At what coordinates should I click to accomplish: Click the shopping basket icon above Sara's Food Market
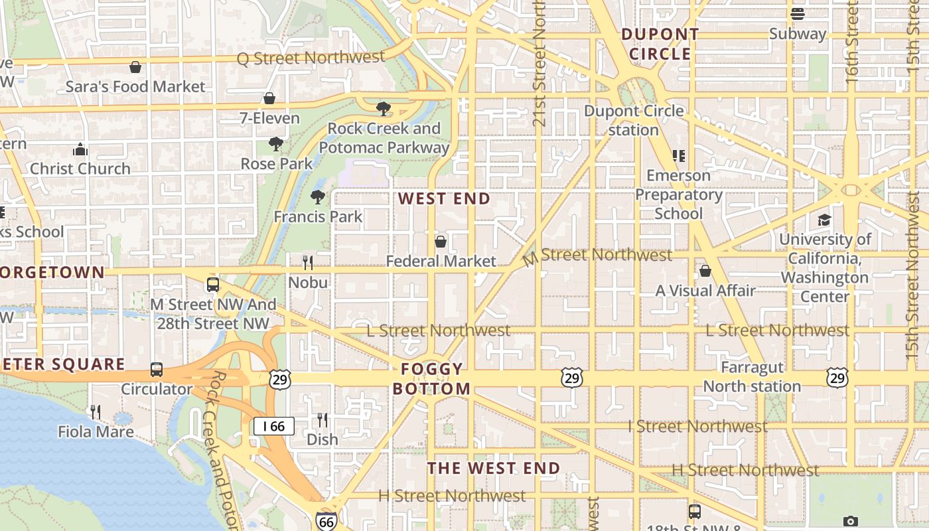tap(135, 67)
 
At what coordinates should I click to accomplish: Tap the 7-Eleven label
tap(269, 118)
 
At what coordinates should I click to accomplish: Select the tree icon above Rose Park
tap(276, 143)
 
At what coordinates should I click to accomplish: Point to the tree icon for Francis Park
tap(318, 196)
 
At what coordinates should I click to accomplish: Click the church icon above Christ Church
tap(80, 149)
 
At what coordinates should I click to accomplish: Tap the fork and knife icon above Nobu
tap(308, 263)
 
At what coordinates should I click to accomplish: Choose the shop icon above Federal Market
tap(441, 241)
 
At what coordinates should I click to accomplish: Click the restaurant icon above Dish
tap(322, 419)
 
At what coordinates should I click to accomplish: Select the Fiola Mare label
tap(96, 431)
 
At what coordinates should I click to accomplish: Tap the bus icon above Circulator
tap(157, 370)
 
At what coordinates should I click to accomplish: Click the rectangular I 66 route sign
tap(273, 426)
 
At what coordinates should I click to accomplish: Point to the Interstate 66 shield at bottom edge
tap(326, 522)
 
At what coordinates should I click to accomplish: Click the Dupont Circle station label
tap(634, 120)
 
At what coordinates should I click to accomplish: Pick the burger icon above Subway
tap(798, 14)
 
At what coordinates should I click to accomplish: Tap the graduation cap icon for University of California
tap(824, 220)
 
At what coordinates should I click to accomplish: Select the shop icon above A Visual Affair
tap(705, 271)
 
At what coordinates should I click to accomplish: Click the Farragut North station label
tap(752, 376)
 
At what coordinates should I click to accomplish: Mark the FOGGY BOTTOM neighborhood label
tap(431, 378)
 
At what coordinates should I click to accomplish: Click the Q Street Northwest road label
tap(311, 58)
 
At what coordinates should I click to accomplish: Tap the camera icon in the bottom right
tap(851, 522)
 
